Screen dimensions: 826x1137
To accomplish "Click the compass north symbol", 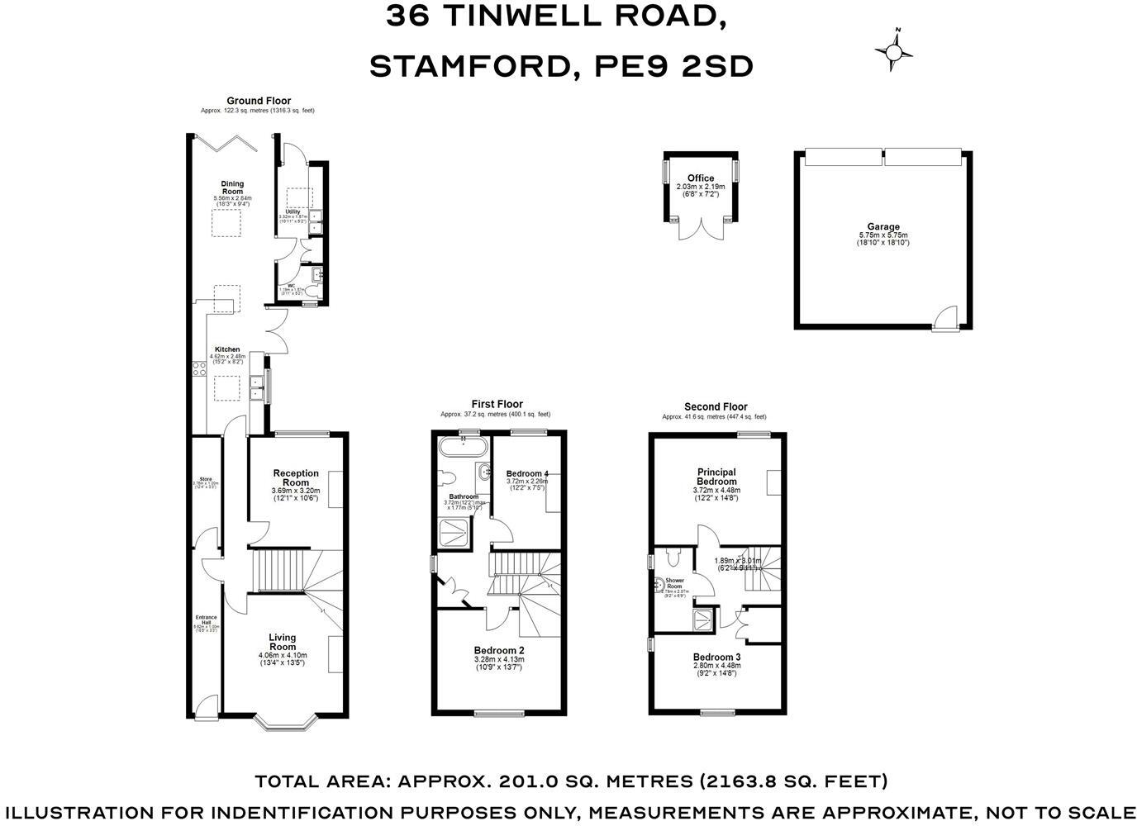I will [x=894, y=51].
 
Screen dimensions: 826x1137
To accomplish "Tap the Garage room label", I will [x=882, y=227].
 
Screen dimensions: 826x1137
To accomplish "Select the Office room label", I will [x=701, y=178].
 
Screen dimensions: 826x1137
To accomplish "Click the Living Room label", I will [x=282, y=642].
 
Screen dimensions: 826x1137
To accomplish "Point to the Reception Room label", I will [x=296, y=477].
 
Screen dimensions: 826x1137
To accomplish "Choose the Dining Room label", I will [x=232, y=188].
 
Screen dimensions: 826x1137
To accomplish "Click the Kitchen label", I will [x=227, y=349].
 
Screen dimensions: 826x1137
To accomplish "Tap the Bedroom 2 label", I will [x=499, y=650].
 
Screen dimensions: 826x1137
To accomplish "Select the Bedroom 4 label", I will [x=527, y=473].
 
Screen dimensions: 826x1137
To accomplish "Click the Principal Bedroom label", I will [x=716, y=477].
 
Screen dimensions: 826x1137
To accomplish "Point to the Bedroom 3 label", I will [x=716, y=657].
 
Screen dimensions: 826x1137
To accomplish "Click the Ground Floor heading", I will [x=259, y=101].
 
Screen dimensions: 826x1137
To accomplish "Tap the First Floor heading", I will [x=497, y=405].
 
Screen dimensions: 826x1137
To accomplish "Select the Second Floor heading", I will [x=716, y=406].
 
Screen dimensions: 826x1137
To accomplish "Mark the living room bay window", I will [x=286, y=724].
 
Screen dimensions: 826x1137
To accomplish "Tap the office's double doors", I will [x=700, y=229].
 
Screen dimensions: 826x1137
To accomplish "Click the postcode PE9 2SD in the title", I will [x=673, y=66].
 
